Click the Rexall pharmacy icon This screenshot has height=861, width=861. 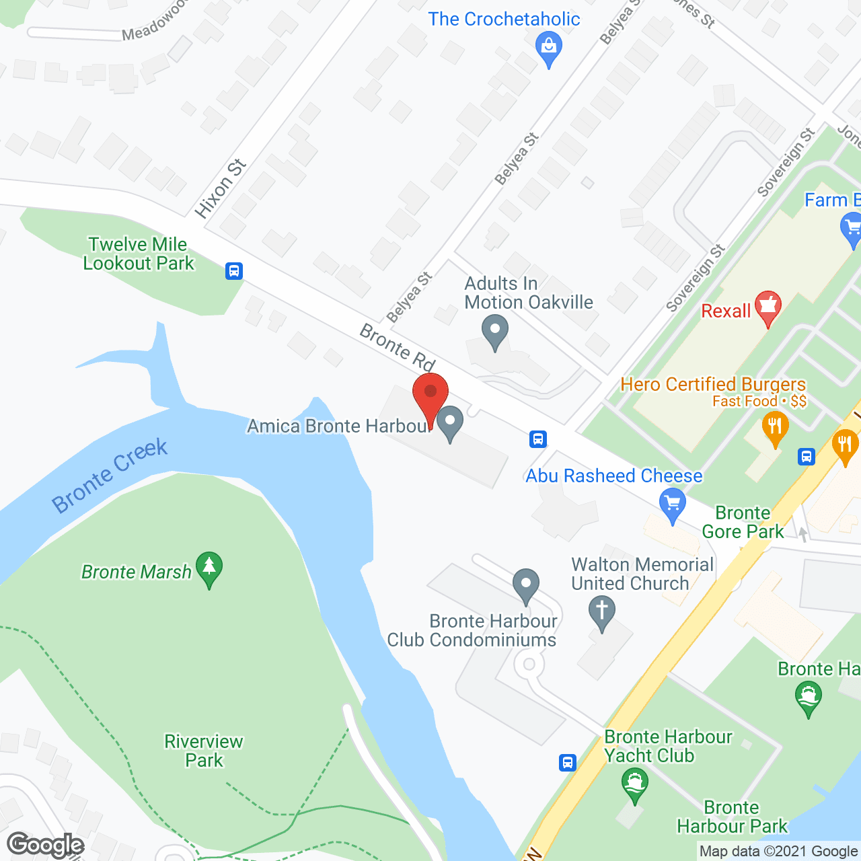(x=768, y=307)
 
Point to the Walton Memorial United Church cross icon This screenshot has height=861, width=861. (x=602, y=613)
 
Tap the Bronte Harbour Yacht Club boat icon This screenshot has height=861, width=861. (x=634, y=784)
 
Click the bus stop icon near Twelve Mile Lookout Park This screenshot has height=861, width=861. (x=233, y=271)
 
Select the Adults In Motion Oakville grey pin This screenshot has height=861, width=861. (x=496, y=332)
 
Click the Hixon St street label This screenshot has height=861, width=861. (x=221, y=188)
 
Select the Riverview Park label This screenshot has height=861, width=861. (x=204, y=751)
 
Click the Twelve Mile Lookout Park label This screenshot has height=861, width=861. (x=139, y=254)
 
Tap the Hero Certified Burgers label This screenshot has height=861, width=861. (x=713, y=384)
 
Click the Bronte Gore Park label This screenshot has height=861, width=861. (x=743, y=522)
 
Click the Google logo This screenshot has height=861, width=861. (x=46, y=845)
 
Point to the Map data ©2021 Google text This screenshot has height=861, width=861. (x=778, y=852)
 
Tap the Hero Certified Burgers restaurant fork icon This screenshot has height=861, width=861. (x=776, y=428)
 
